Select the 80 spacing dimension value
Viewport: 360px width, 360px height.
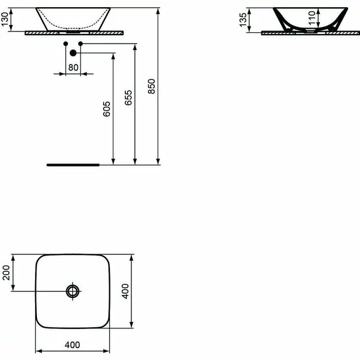coord(73,67)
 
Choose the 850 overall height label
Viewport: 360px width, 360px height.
coord(152,87)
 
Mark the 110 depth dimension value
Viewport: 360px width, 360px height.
coord(312,20)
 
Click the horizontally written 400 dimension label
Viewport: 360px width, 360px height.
coord(72,345)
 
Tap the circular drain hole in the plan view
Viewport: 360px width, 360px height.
coord(73,291)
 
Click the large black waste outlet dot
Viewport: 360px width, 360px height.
coord(73,53)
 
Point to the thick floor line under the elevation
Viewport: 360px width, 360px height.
coord(73,163)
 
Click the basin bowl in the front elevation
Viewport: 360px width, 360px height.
coord(73,19)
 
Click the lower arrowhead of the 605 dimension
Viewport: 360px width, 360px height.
coord(113,159)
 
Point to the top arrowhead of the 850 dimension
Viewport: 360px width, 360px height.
coord(158,11)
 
